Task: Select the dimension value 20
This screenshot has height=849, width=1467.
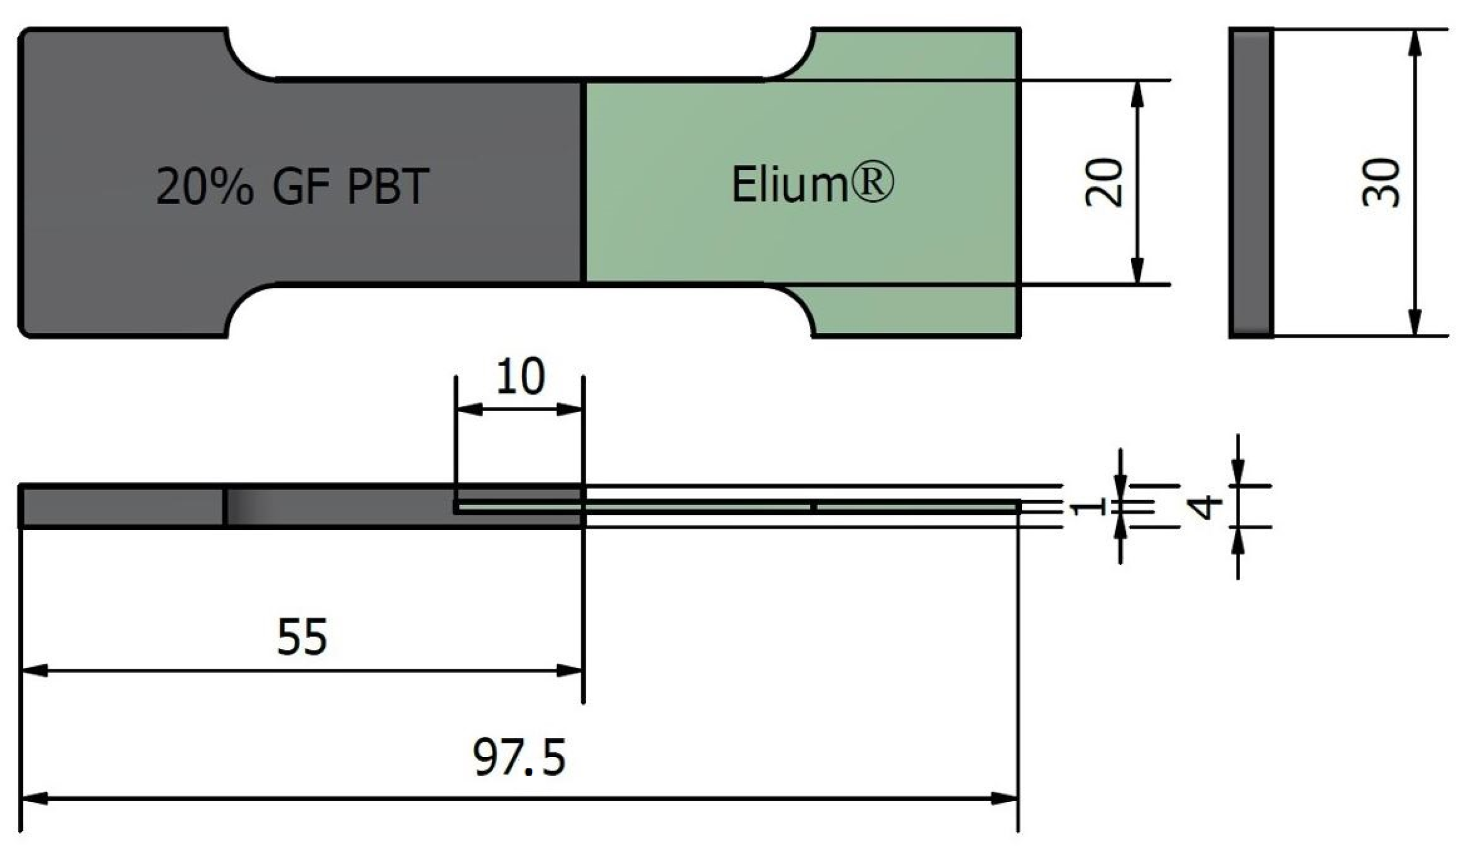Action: tap(1103, 182)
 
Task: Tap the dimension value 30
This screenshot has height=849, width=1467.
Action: tap(1381, 182)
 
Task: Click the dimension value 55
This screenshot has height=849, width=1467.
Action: tap(301, 637)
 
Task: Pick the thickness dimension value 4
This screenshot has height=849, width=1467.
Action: tap(1208, 507)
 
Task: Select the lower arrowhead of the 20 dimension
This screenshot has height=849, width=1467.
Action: tap(1137, 272)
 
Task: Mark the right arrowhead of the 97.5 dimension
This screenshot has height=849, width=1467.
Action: tap(1005, 799)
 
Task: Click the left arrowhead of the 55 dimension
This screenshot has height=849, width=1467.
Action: tap(34, 670)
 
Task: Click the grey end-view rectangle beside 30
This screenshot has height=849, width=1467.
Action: tap(1251, 182)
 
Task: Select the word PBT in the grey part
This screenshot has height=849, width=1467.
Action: tap(388, 186)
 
